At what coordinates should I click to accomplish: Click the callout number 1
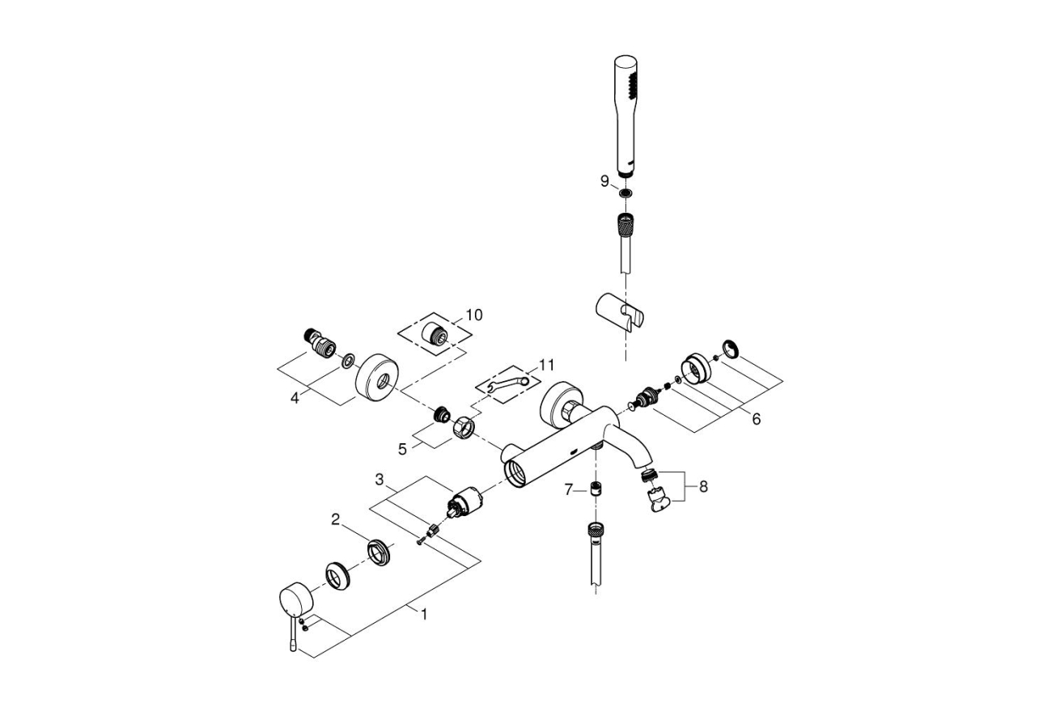coord(422,614)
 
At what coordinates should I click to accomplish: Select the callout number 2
coord(335,519)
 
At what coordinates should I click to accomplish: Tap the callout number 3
coord(379,481)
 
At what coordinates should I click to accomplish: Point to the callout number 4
coord(295,398)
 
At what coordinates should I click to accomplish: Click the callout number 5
coord(402,447)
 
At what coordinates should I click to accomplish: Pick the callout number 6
coord(756,419)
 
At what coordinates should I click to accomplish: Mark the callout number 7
coord(568,489)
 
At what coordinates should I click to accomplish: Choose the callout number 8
coord(702,487)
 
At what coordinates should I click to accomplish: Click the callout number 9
coord(604,182)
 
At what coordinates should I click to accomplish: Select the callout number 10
coord(473,315)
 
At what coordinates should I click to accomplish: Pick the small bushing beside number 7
coord(596,489)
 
